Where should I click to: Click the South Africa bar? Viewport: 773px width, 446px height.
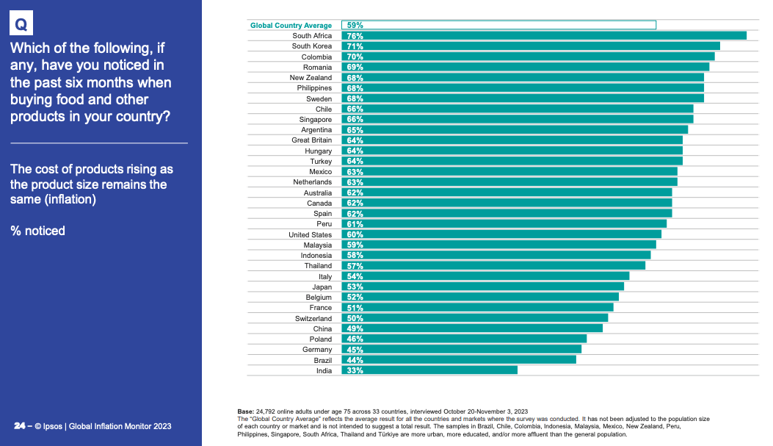click(543, 35)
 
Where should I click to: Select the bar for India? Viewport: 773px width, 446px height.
click(429, 370)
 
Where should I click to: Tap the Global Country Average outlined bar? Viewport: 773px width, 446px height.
click(498, 25)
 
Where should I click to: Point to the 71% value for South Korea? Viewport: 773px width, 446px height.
click(355, 46)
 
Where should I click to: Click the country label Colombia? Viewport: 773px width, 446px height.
click(316, 57)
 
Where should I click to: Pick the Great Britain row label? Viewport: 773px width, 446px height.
click(311, 140)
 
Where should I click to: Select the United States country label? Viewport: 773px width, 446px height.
click(310, 234)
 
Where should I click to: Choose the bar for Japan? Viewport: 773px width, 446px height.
click(482, 287)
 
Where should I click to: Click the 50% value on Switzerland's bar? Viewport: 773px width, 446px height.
click(355, 318)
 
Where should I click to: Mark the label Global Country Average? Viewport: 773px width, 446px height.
click(291, 26)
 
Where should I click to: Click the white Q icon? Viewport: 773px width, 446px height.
click(22, 25)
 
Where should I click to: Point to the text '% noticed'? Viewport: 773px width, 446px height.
click(37, 231)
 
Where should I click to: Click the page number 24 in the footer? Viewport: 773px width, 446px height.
click(20, 426)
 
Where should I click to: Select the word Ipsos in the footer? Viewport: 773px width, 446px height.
click(52, 426)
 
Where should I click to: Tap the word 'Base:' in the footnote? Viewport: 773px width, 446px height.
click(245, 411)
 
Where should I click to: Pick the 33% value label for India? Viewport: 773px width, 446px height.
click(355, 370)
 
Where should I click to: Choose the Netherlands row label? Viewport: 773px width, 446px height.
click(312, 181)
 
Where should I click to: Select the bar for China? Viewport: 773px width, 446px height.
click(471, 328)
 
